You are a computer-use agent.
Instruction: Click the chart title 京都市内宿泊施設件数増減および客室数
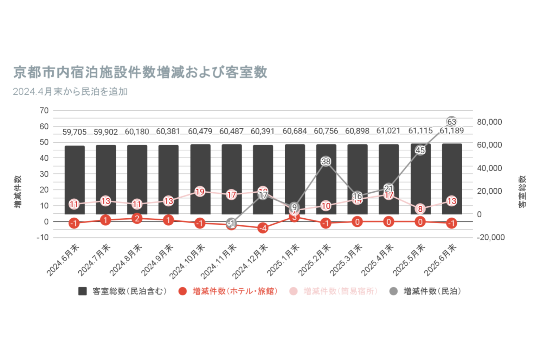pos(140,72)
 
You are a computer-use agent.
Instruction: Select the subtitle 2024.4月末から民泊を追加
pos(70,92)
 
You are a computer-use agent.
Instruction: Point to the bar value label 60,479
pos(200,131)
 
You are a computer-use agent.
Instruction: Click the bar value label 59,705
pos(75,132)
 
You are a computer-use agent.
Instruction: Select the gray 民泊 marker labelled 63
pos(452,122)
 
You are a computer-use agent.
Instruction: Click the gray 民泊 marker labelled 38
pos(326,161)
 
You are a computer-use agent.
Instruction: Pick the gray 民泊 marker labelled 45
pos(420,150)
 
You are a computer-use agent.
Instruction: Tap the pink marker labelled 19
pos(200,192)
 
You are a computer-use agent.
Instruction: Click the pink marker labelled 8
pos(420,209)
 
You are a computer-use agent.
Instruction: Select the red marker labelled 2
pos(137,218)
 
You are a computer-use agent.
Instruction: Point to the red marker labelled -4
pos(263,228)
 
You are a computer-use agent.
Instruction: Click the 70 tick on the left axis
pos(44,110)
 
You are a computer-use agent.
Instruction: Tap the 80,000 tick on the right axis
pos(489,122)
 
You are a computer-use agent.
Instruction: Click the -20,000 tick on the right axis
pos(490,237)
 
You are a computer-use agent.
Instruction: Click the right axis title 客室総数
pos(522,192)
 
